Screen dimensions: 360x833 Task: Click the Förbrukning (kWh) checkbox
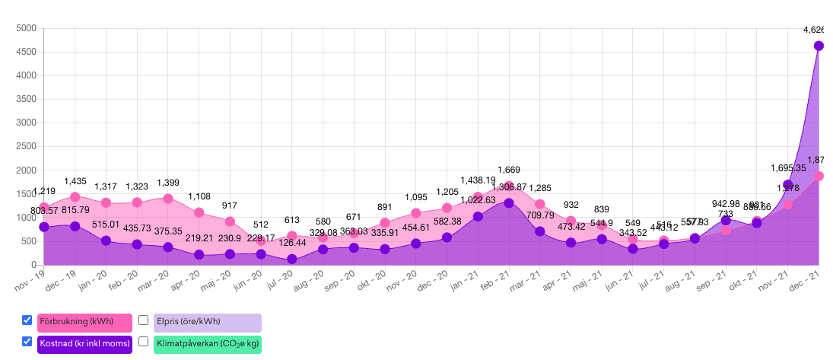[x=27, y=320]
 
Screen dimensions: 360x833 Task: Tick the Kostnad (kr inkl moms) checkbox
[x=27, y=342]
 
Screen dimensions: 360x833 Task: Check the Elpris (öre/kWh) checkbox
[x=143, y=320]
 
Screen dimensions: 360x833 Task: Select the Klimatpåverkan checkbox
[x=143, y=342]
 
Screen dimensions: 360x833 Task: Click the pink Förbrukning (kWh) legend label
[x=84, y=322]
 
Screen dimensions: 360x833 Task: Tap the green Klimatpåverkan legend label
[x=207, y=344]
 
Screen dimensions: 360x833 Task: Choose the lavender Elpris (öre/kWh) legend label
[x=207, y=322]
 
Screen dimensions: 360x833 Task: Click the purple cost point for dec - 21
[x=819, y=46]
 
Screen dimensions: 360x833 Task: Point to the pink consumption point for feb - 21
[x=509, y=186]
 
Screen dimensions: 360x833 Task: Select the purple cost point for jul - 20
[x=292, y=259]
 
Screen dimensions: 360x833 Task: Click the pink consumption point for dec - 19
[x=75, y=197]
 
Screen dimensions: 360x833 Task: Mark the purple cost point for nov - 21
[x=788, y=185]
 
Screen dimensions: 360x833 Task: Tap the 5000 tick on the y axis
[x=27, y=28]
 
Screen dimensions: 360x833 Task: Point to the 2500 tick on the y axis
[x=27, y=146]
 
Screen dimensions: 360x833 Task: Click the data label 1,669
[x=509, y=170]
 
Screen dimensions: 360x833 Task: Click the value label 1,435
[x=75, y=181]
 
